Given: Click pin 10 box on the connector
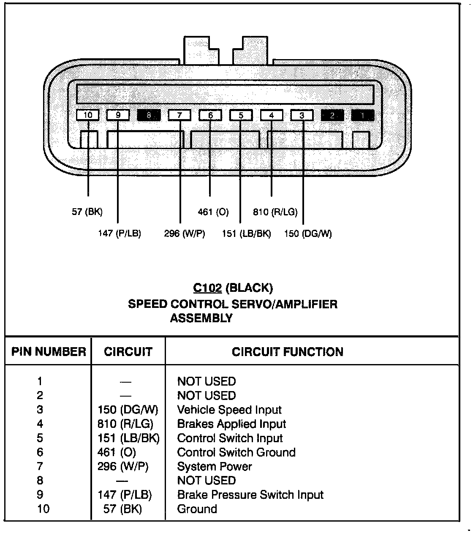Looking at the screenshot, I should point(88,115).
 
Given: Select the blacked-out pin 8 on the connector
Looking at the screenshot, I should point(149,115).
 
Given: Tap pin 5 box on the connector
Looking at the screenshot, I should point(241,115).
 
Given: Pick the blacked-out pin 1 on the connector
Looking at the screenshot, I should point(363,115).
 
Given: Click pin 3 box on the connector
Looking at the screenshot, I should point(302,115).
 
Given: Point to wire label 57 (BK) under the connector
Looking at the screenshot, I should point(87,212).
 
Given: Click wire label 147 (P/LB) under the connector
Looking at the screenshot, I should point(120,234).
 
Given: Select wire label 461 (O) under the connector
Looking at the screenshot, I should point(213,212).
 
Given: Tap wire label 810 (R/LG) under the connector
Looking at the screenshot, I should point(275,212).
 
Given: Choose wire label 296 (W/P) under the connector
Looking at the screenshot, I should point(185,234).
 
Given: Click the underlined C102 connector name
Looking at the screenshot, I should point(207,288).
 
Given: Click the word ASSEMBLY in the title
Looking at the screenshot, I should point(201,318).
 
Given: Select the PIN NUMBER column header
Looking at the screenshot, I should point(49,352).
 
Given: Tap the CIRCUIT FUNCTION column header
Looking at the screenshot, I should point(288,352).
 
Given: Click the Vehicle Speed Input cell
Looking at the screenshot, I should point(229,410).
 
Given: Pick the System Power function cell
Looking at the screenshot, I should point(215,466).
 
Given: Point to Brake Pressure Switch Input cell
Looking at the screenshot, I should point(250,495).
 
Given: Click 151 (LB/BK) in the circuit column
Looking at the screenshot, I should point(128,438).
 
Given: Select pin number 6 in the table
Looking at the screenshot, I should point(40,452).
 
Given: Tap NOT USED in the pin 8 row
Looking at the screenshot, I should point(207,481).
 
